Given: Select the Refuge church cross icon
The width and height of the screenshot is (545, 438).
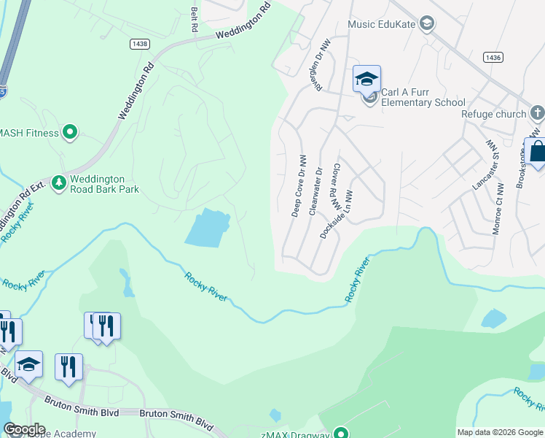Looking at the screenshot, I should pyautogui.click(x=537, y=113).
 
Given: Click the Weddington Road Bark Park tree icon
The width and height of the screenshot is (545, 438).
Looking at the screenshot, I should pyautogui.click(x=58, y=182).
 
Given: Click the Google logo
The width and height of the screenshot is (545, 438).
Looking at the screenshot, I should pyautogui.click(x=23, y=429).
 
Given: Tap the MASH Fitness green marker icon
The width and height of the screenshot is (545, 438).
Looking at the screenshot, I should pyautogui.click(x=70, y=132).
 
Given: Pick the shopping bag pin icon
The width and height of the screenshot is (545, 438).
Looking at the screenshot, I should pyautogui.click(x=538, y=153).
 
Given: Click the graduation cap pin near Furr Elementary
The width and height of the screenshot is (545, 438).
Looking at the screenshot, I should pyautogui.click(x=367, y=79).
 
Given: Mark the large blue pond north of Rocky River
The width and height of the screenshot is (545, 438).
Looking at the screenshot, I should pyautogui.click(x=206, y=228).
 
